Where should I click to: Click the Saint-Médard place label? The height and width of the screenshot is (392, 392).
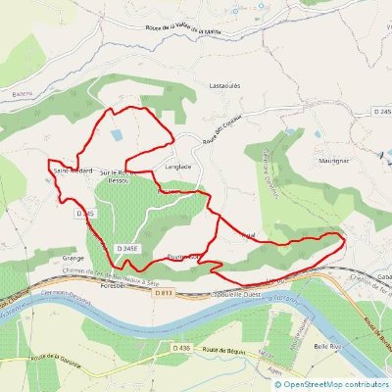pos(73,170)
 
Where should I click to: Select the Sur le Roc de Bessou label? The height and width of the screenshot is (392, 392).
pos(122,175)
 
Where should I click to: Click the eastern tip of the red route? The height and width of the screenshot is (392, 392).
pos(347,236)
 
